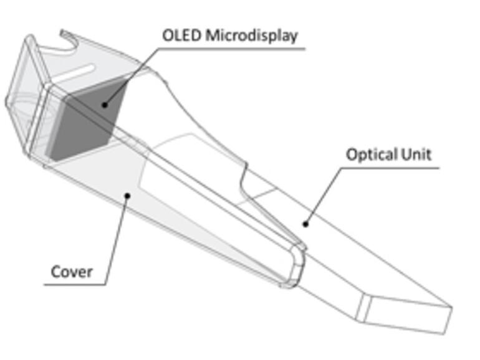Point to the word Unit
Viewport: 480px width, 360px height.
(414, 154)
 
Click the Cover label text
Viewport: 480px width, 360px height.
(72, 272)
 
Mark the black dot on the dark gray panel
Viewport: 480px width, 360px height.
(105, 105)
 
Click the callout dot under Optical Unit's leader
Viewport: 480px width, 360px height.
(305, 223)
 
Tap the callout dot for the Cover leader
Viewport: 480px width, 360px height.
(127, 195)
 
